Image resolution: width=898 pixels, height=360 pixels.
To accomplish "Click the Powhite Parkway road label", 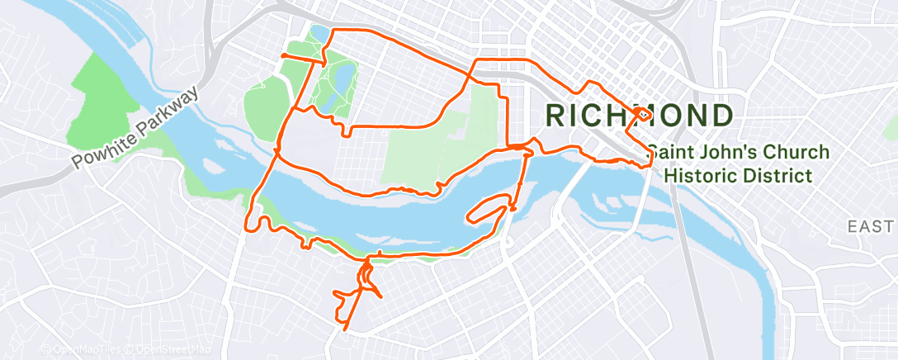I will coord(136,127).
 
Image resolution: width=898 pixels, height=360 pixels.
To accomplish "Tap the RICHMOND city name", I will coord(637,116).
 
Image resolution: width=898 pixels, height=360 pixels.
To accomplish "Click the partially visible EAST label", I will coord(872,226).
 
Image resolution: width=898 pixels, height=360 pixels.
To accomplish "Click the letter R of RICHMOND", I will coord(554,116).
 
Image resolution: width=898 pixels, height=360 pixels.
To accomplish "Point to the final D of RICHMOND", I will coord(721,116).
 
